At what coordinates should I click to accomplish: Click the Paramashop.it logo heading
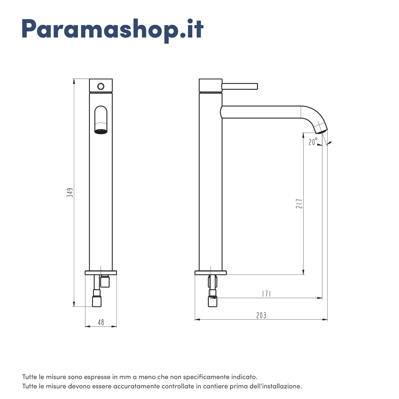(113, 29)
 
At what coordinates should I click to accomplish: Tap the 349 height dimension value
(70, 193)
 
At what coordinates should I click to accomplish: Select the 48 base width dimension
(101, 322)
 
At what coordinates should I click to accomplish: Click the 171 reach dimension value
(267, 294)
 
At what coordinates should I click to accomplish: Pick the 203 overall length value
(261, 316)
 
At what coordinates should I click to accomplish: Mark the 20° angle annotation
(313, 142)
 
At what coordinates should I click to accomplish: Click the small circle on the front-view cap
(101, 86)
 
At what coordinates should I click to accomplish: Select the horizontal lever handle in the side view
(240, 86)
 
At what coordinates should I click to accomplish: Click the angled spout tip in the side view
(321, 128)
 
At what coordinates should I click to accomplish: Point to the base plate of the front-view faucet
(101, 273)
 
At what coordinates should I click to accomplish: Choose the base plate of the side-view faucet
(211, 273)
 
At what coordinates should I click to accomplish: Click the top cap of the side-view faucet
(210, 85)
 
